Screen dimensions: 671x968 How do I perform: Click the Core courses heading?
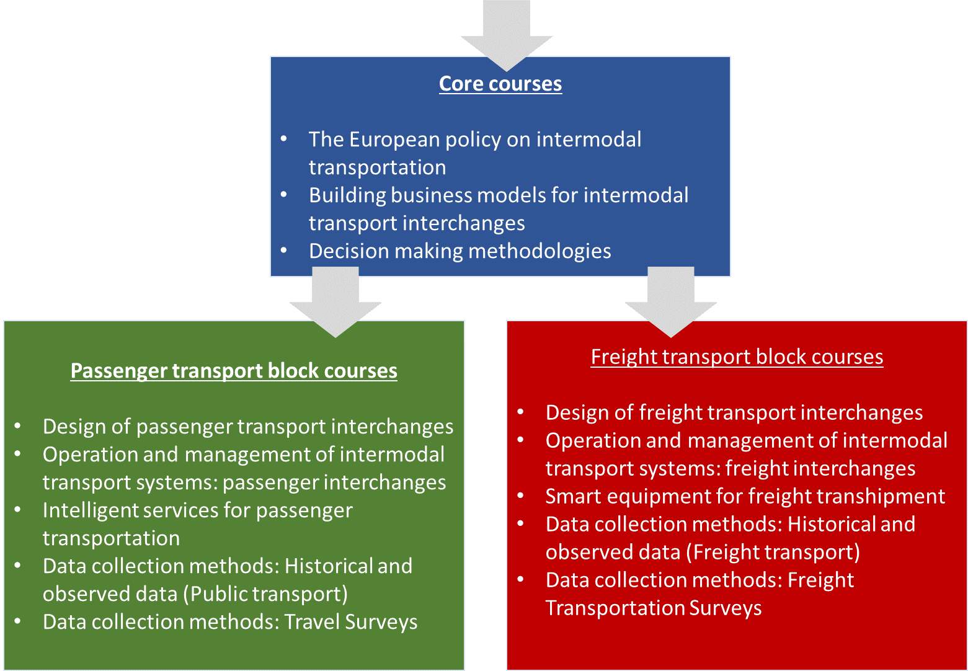[x=500, y=84]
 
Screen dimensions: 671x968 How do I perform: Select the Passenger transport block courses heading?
[x=234, y=371]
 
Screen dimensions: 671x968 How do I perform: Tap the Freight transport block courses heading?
[x=737, y=357]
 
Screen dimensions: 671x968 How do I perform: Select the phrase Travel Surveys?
[x=351, y=622]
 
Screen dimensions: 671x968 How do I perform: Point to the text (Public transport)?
[x=265, y=594]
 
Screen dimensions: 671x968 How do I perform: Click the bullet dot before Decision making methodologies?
[x=284, y=250]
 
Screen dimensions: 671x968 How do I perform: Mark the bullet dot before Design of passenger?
[x=18, y=425]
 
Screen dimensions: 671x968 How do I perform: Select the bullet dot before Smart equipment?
[x=521, y=495]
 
